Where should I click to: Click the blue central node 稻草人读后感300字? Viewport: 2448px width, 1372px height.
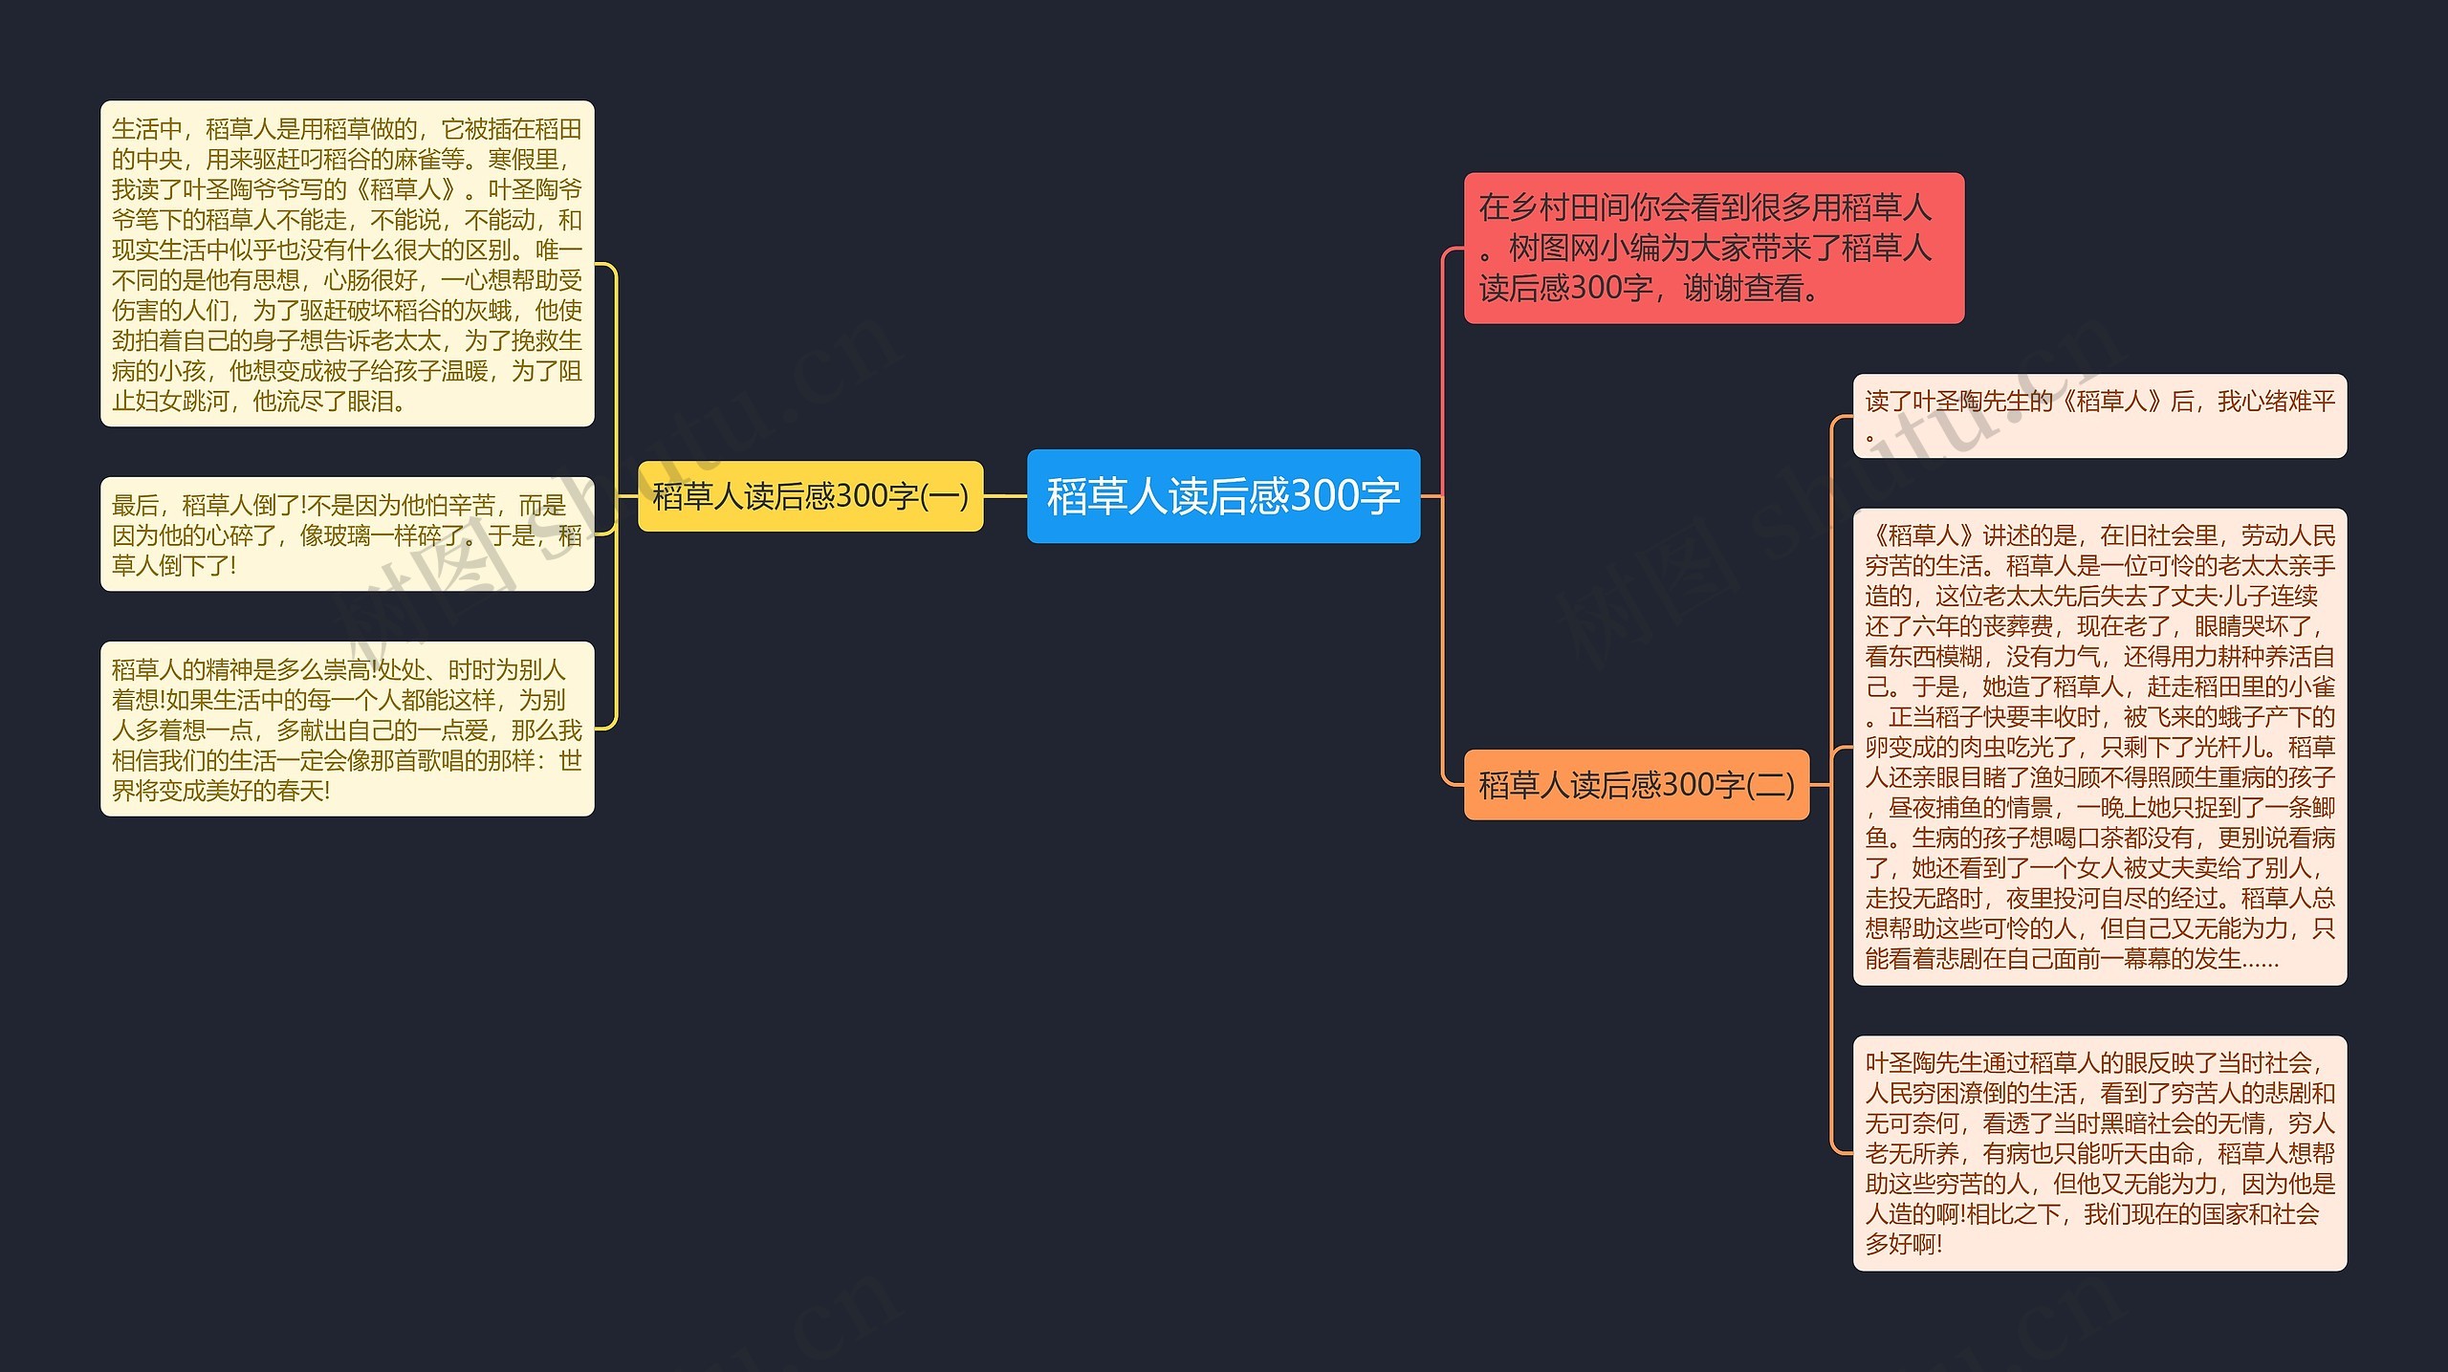1223,496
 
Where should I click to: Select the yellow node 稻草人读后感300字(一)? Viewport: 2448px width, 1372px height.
810,496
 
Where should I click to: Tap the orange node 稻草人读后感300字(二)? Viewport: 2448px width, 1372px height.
1636,785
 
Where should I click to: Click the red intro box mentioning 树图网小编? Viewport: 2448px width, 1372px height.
1714,248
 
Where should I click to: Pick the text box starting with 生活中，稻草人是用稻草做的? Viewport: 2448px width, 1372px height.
347,264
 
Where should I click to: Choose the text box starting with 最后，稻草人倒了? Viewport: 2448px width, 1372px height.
347,534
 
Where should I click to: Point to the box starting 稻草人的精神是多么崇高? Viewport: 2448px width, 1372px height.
347,729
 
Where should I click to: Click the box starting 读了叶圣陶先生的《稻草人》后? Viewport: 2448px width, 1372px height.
2099,416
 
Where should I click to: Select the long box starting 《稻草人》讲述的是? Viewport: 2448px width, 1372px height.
2099,747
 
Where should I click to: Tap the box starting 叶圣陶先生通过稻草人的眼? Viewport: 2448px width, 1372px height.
2099,1152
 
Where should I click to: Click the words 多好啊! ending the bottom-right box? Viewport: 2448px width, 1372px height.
1904,1244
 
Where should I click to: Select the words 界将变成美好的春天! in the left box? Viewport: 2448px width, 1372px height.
221,791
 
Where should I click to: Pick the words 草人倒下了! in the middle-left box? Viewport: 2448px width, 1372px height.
174,565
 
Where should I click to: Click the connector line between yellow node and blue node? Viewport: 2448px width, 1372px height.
1005,496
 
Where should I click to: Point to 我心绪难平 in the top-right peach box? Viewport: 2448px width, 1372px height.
2276,402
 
